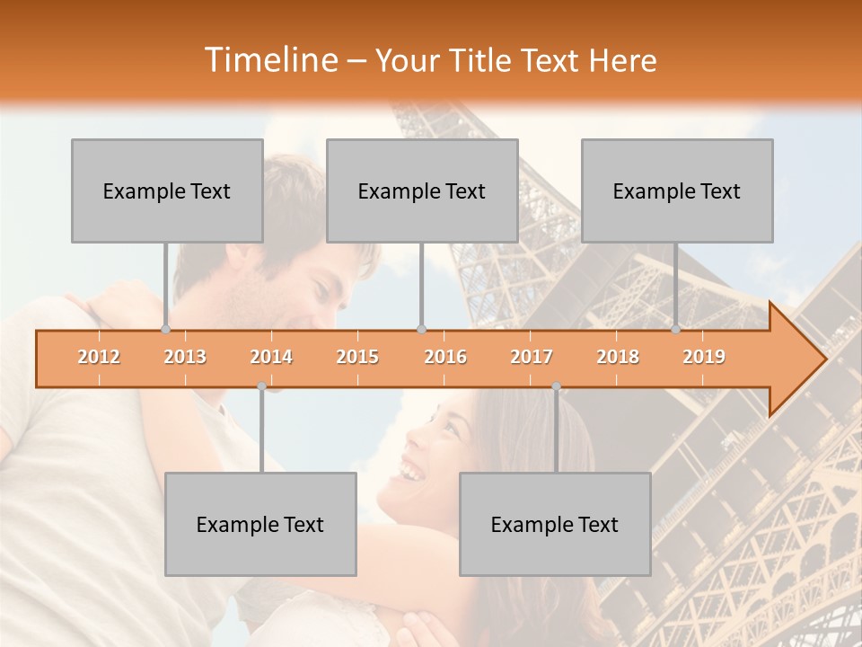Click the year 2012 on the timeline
(x=99, y=357)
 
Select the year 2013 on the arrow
(x=185, y=357)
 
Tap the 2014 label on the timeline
(x=271, y=357)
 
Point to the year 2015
(x=357, y=357)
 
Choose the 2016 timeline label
(x=445, y=357)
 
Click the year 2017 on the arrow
(x=532, y=357)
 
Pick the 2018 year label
(x=618, y=357)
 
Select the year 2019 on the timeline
(x=704, y=357)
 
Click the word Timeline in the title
(x=269, y=60)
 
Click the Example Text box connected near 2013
(x=167, y=191)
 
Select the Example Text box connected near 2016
(x=422, y=191)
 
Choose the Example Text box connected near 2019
(x=677, y=191)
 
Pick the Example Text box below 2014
(x=260, y=524)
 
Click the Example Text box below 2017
(x=555, y=524)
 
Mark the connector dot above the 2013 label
(x=165, y=329)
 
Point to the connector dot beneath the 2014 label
(x=261, y=386)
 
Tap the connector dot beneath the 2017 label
(x=556, y=386)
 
